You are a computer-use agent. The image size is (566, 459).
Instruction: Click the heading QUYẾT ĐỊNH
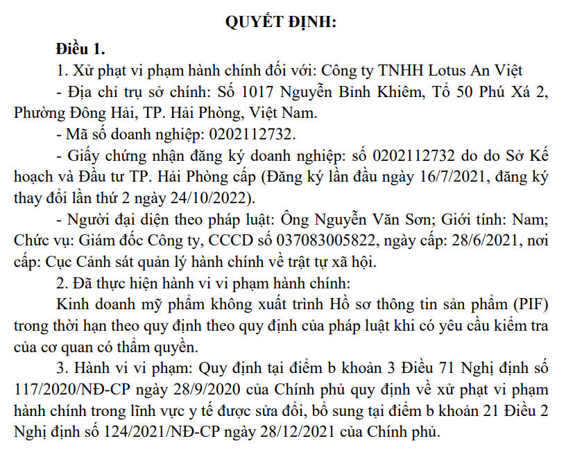click(x=281, y=21)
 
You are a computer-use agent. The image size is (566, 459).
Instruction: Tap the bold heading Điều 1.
click(x=80, y=49)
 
